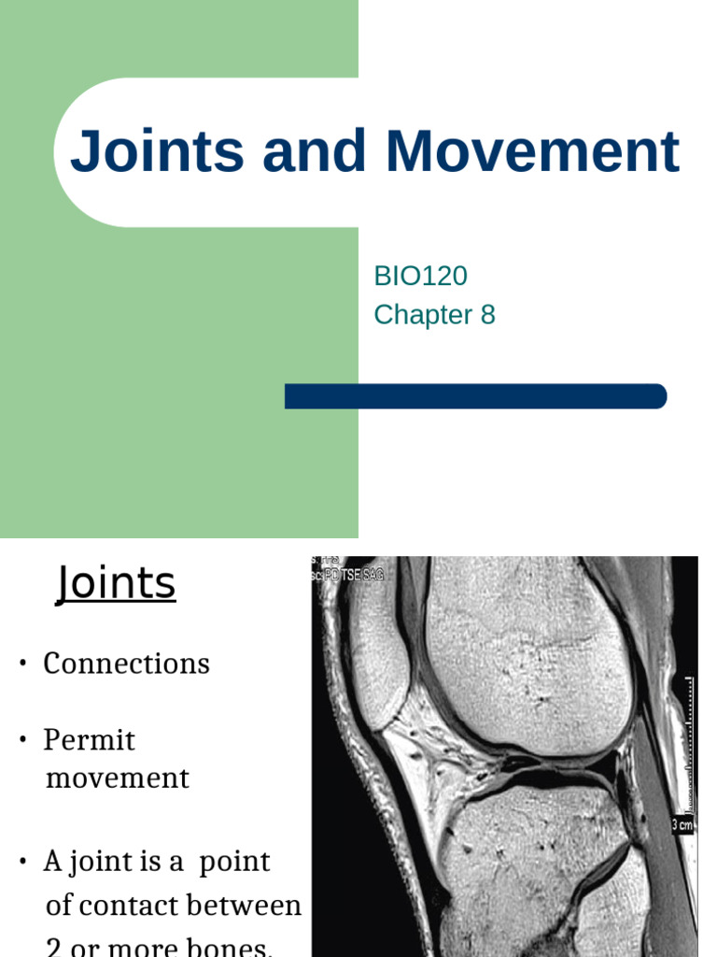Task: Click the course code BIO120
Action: [420, 276]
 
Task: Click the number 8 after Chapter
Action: [487, 315]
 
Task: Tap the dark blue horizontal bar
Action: [475, 396]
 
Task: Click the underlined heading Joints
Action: [116, 584]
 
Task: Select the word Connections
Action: [126, 664]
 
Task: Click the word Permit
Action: [89, 740]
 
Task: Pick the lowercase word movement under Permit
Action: [117, 778]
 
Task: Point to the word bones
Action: [232, 946]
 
